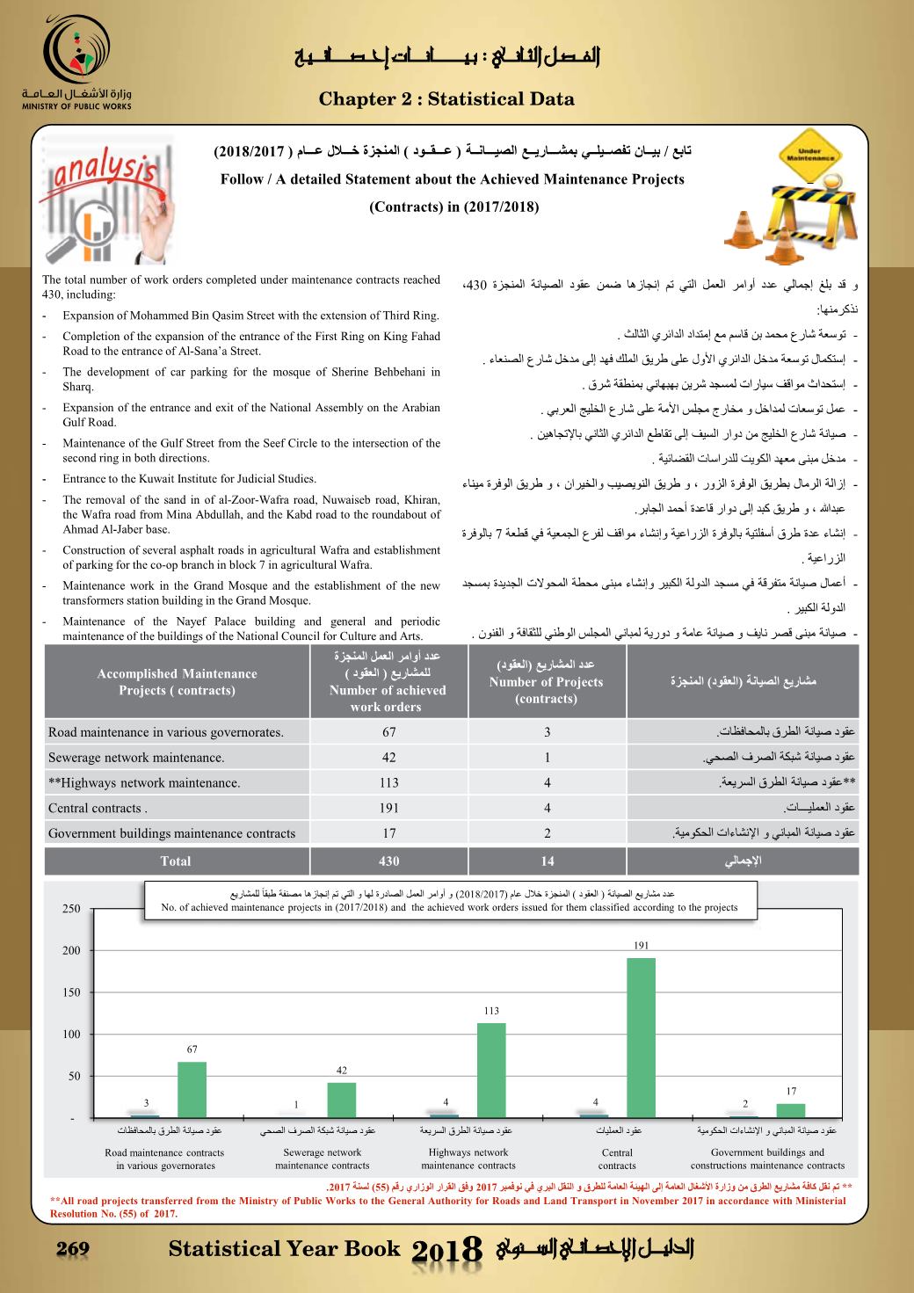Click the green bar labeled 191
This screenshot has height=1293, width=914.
tap(641, 1037)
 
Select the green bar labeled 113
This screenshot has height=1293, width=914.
tap(491, 1070)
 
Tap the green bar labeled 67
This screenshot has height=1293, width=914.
tap(192, 1089)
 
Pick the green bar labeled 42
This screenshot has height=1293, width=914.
tap(342, 1100)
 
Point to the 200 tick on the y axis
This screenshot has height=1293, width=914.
tap(71, 950)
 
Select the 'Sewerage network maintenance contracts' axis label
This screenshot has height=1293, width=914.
tap(322, 1159)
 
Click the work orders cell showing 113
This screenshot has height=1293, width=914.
tap(388, 782)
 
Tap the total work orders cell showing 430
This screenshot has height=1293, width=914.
tap(388, 861)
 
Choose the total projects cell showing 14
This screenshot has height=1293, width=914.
tap(547, 861)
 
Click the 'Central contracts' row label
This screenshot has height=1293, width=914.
tap(98, 808)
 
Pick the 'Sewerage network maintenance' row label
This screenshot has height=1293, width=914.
tap(136, 757)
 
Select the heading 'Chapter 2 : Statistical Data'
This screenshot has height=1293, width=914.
tap(446, 98)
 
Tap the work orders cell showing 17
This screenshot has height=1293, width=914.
tap(388, 833)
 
